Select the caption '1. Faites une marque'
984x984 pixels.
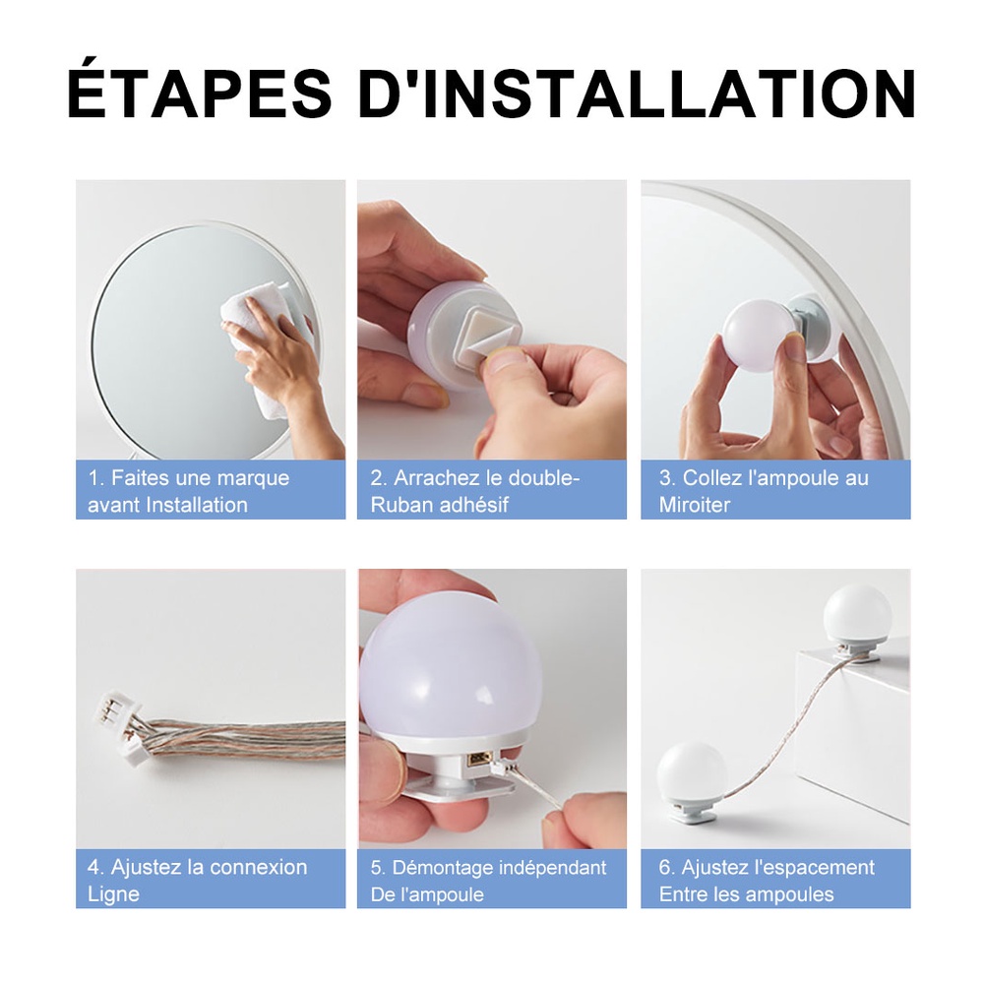click(x=189, y=478)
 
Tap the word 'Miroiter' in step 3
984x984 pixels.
click(x=695, y=505)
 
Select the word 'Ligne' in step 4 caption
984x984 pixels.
click(x=113, y=894)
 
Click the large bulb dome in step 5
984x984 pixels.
click(x=451, y=669)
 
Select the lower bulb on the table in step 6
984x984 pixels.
click(x=691, y=772)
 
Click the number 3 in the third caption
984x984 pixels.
click(x=666, y=478)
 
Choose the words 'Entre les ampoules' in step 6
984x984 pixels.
click(x=746, y=894)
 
